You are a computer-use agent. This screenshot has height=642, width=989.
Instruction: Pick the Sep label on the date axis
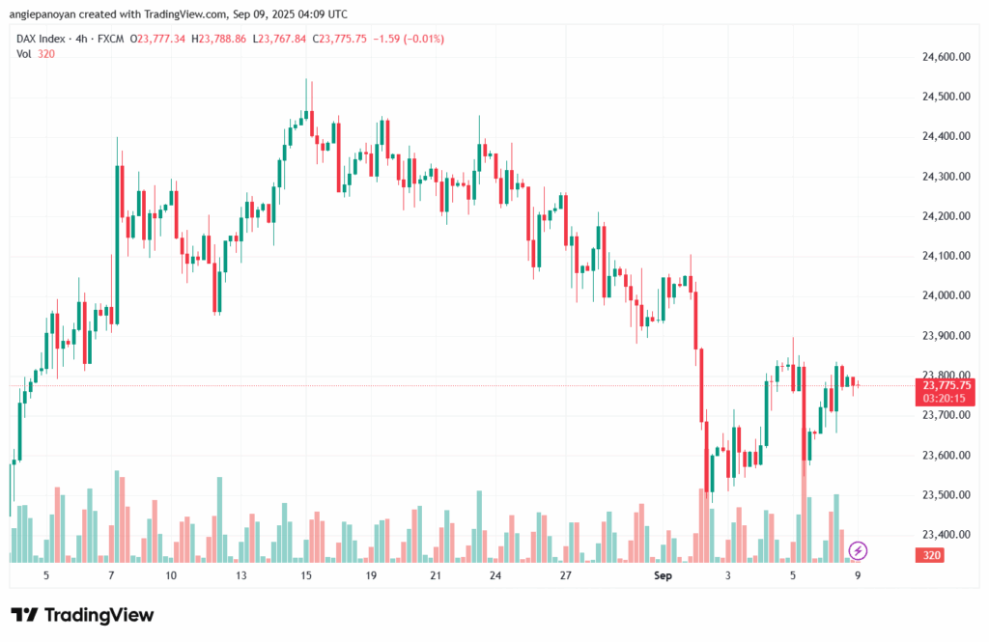[663, 575]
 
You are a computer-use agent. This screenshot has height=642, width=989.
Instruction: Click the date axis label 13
[241, 575]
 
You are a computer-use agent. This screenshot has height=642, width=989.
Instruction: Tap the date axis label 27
[566, 575]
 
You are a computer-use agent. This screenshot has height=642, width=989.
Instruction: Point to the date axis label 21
[436, 575]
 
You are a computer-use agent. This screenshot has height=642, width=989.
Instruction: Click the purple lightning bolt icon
[858, 551]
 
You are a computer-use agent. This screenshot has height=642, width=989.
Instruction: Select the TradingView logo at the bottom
[82, 615]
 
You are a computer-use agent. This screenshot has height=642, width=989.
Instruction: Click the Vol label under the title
[24, 54]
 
